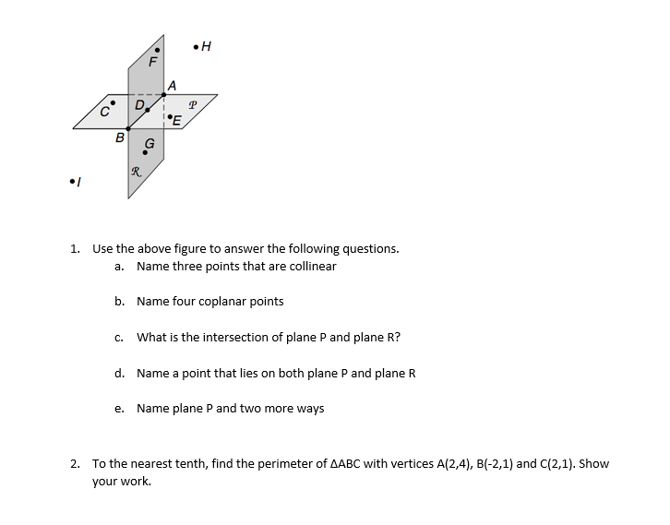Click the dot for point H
point(195,46)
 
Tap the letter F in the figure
point(154,63)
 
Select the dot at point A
point(164,93)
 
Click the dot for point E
point(171,116)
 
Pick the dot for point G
point(144,153)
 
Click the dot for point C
point(114,103)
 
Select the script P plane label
point(192,104)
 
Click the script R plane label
point(136,171)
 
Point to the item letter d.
point(119,373)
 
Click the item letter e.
point(119,409)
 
